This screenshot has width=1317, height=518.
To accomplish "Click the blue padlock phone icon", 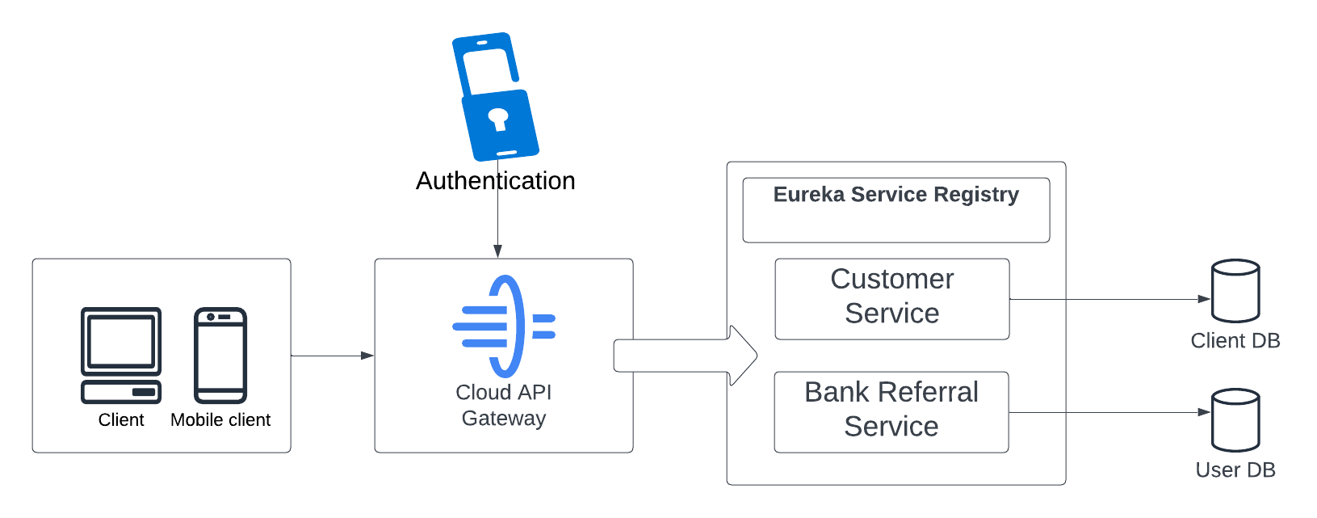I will pyautogui.click(x=495, y=97).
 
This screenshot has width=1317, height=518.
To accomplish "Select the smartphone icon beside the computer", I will pyautogui.click(x=220, y=355).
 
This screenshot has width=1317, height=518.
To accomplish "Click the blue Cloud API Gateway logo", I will pyautogui.click(x=505, y=326).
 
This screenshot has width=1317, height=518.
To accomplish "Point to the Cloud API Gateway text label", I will pyautogui.click(x=504, y=405).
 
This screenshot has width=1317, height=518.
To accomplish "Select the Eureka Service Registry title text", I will pyautogui.click(x=895, y=195).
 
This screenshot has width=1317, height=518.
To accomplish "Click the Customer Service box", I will pyautogui.click(x=891, y=298).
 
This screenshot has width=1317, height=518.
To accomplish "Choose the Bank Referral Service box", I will pyautogui.click(x=891, y=411).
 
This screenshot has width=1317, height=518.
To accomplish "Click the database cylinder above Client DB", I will pyautogui.click(x=1235, y=291).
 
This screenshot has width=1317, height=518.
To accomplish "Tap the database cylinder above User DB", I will pyautogui.click(x=1235, y=420).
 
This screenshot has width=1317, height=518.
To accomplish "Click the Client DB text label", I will pyautogui.click(x=1235, y=341).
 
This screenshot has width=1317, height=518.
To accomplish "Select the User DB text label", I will pyautogui.click(x=1235, y=470).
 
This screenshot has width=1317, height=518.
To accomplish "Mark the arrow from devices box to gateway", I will pyautogui.click(x=332, y=356).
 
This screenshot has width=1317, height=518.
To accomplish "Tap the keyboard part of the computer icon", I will pyautogui.click(x=121, y=392).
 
